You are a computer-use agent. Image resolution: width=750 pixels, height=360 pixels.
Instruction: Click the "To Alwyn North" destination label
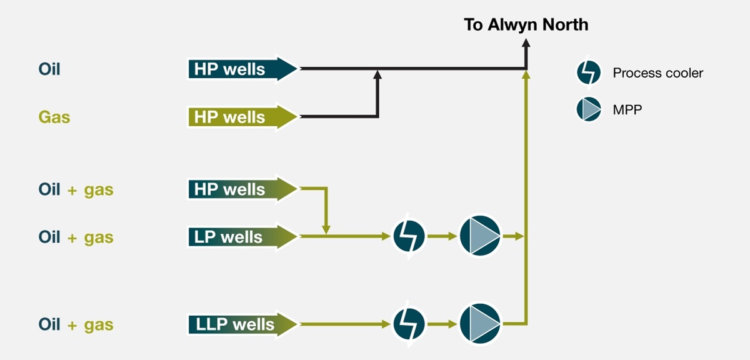click(x=526, y=25)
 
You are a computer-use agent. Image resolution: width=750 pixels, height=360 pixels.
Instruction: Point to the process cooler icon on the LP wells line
click(x=409, y=237)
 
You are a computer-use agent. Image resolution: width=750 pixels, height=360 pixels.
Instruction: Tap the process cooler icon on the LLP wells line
click(x=409, y=324)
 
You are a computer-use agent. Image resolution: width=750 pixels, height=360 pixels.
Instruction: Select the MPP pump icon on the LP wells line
click(x=480, y=237)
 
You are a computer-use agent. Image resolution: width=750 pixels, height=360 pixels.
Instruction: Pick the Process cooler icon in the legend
click(x=588, y=73)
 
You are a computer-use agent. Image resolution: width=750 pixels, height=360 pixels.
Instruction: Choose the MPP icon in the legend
click(x=588, y=109)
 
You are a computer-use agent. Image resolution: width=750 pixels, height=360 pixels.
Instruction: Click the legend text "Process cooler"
click(x=657, y=73)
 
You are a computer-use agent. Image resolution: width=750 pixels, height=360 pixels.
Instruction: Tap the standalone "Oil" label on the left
click(x=49, y=69)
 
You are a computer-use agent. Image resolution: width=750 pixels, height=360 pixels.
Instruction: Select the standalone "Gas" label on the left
click(x=54, y=117)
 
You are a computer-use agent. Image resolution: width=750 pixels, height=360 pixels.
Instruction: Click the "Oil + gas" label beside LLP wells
click(x=76, y=324)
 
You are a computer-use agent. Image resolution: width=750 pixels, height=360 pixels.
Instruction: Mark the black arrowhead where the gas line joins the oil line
click(x=377, y=75)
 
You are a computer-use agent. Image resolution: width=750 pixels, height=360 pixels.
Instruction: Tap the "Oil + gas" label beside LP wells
click(x=76, y=237)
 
